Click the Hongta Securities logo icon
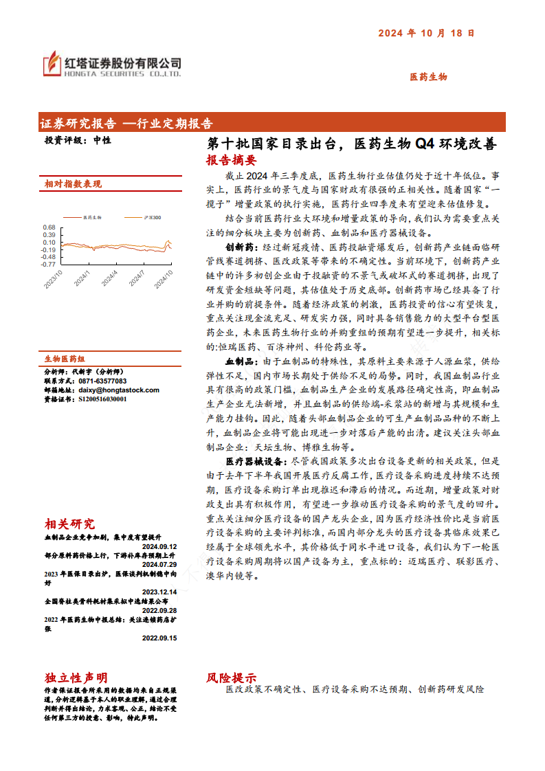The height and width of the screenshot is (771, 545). coord(52,63)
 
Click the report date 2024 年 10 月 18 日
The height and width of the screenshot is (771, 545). coord(426,32)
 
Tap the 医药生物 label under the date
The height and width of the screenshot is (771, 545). coord(428,77)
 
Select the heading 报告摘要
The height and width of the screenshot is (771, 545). coord(231,160)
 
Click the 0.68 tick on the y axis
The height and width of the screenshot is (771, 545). coord(49,227)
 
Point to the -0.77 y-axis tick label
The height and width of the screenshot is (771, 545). coord(47,264)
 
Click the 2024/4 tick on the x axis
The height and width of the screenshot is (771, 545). coord(109,277)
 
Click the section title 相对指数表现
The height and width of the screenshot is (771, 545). coord(73,184)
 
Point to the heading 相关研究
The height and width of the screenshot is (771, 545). coord(70,524)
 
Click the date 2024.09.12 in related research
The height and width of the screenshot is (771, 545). coord(159,546)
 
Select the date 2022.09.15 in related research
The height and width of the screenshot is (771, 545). coord(159,638)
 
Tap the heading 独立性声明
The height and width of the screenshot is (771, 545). coord(76,678)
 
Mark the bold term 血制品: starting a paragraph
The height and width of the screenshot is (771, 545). coord(241,361)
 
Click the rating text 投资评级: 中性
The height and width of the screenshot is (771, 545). coord(78,139)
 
